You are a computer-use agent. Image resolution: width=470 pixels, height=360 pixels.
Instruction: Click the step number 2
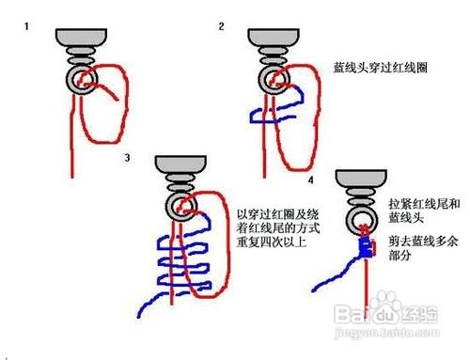222,25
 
